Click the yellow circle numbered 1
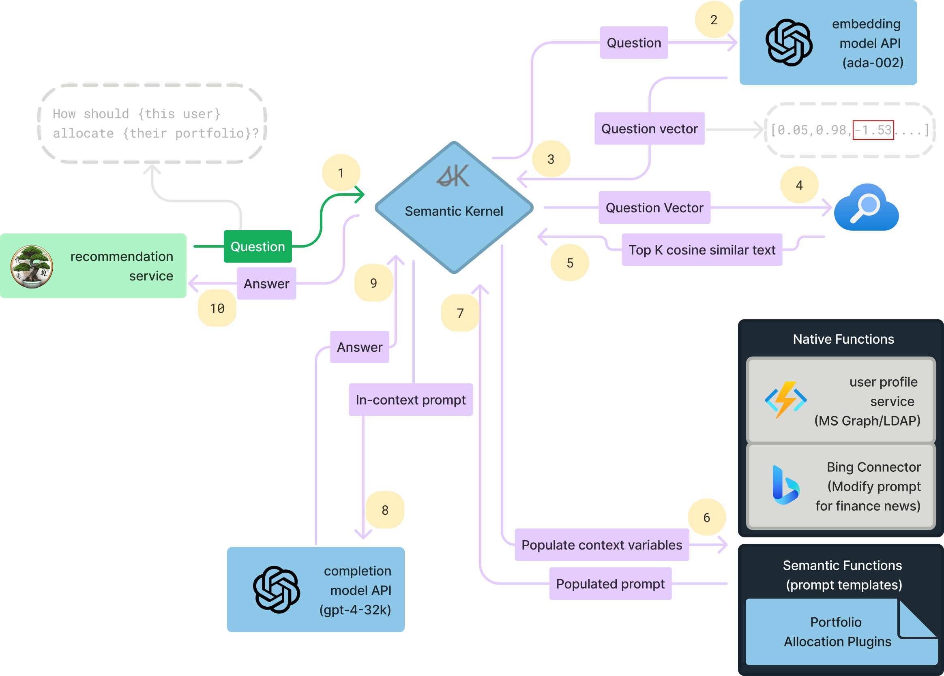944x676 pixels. tap(341, 173)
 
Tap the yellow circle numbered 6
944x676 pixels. tap(706, 517)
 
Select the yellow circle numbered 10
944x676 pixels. tap(217, 308)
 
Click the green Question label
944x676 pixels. tap(257, 246)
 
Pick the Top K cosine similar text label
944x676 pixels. tap(702, 250)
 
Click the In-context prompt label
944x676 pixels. tap(410, 399)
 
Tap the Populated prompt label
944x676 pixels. tap(610, 584)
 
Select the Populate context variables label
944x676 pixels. tap(601, 545)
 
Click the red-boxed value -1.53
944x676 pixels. tap(873, 130)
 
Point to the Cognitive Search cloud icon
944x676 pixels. tap(866, 208)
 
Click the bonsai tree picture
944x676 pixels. tap(32, 267)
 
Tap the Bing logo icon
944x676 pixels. tap(785, 485)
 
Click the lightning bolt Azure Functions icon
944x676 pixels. tap(785, 400)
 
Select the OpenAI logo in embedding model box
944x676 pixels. tap(789, 43)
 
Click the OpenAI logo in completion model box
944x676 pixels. tap(277, 589)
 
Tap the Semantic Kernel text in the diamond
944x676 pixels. tap(454, 211)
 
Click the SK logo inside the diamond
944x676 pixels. tap(453, 177)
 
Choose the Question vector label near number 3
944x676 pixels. tap(649, 128)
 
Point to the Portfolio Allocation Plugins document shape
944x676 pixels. tap(837, 632)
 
